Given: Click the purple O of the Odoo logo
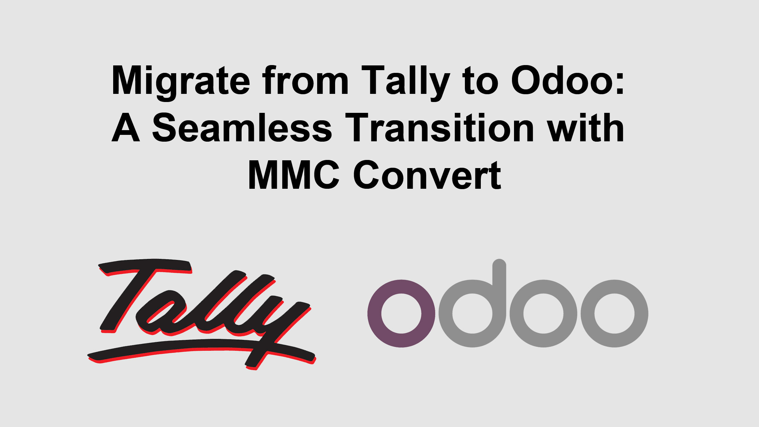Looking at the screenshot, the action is tap(401, 313).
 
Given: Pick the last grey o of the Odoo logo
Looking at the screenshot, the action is tap(614, 313).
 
